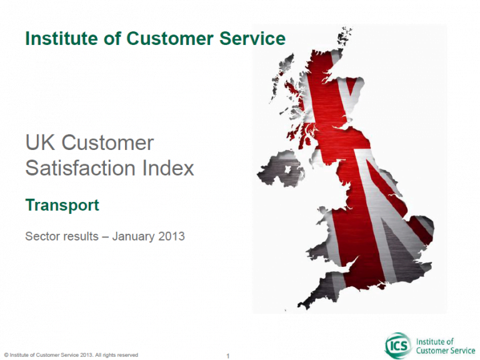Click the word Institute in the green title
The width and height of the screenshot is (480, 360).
61,39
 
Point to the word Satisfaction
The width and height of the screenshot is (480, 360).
80,168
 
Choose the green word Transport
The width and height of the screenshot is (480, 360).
62,205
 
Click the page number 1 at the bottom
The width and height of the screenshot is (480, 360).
227,356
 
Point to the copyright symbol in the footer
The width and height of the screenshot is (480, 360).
6,355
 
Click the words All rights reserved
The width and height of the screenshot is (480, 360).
117,355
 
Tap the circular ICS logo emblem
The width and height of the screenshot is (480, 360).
398,346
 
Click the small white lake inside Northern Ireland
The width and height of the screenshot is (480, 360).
287,169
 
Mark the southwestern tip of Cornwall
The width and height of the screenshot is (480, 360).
299,305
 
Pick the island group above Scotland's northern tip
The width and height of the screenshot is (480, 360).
344,36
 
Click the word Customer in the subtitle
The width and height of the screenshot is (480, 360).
107,143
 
